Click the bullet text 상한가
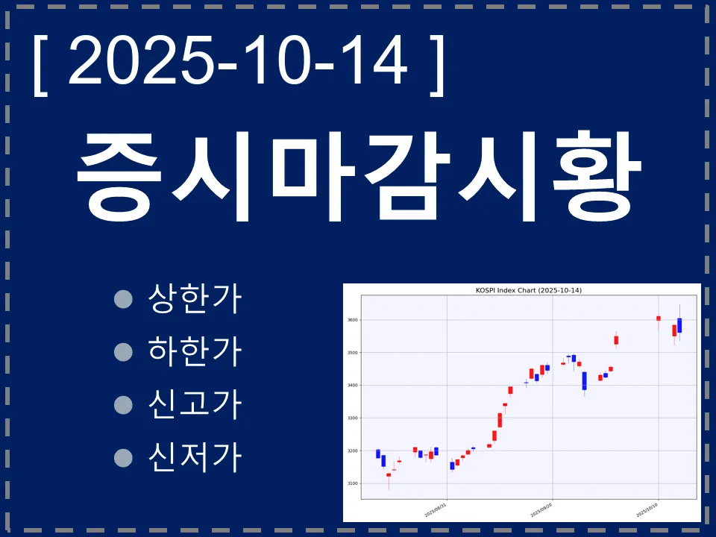pos(195,299)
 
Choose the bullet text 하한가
pos(195,351)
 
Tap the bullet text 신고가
pos(195,403)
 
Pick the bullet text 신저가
pos(195,456)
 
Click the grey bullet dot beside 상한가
pos(123,300)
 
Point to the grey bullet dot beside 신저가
pos(123,456)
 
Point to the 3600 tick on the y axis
pos(352,320)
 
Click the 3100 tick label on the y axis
pos(352,484)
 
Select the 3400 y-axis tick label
pos(352,386)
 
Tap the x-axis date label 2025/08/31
pos(435,509)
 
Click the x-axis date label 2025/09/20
pos(541,509)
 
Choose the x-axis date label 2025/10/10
pos(647,509)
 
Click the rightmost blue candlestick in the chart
pos(679,325)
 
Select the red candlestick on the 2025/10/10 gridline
pos(659,318)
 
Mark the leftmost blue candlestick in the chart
pos(378,453)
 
